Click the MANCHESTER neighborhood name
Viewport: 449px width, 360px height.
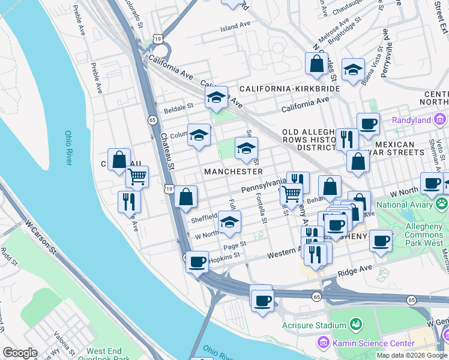pyautogui.click(x=234, y=172)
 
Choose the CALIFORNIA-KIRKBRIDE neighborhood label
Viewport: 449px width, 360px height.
pyautogui.click(x=289, y=89)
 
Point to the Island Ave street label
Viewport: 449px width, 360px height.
pyautogui.click(x=235, y=27)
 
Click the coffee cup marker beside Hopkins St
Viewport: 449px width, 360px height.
pyautogui.click(x=197, y=262)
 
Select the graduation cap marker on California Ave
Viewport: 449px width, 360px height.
pyautogui.click(x=216, y=98)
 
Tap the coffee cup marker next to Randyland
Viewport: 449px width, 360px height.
pyautogui.click(x=368, y=124)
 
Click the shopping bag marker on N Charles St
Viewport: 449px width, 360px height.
pyautogui.click(x=316, y=64)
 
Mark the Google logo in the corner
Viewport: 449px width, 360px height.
pyautogui.click(x=20, y=353)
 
